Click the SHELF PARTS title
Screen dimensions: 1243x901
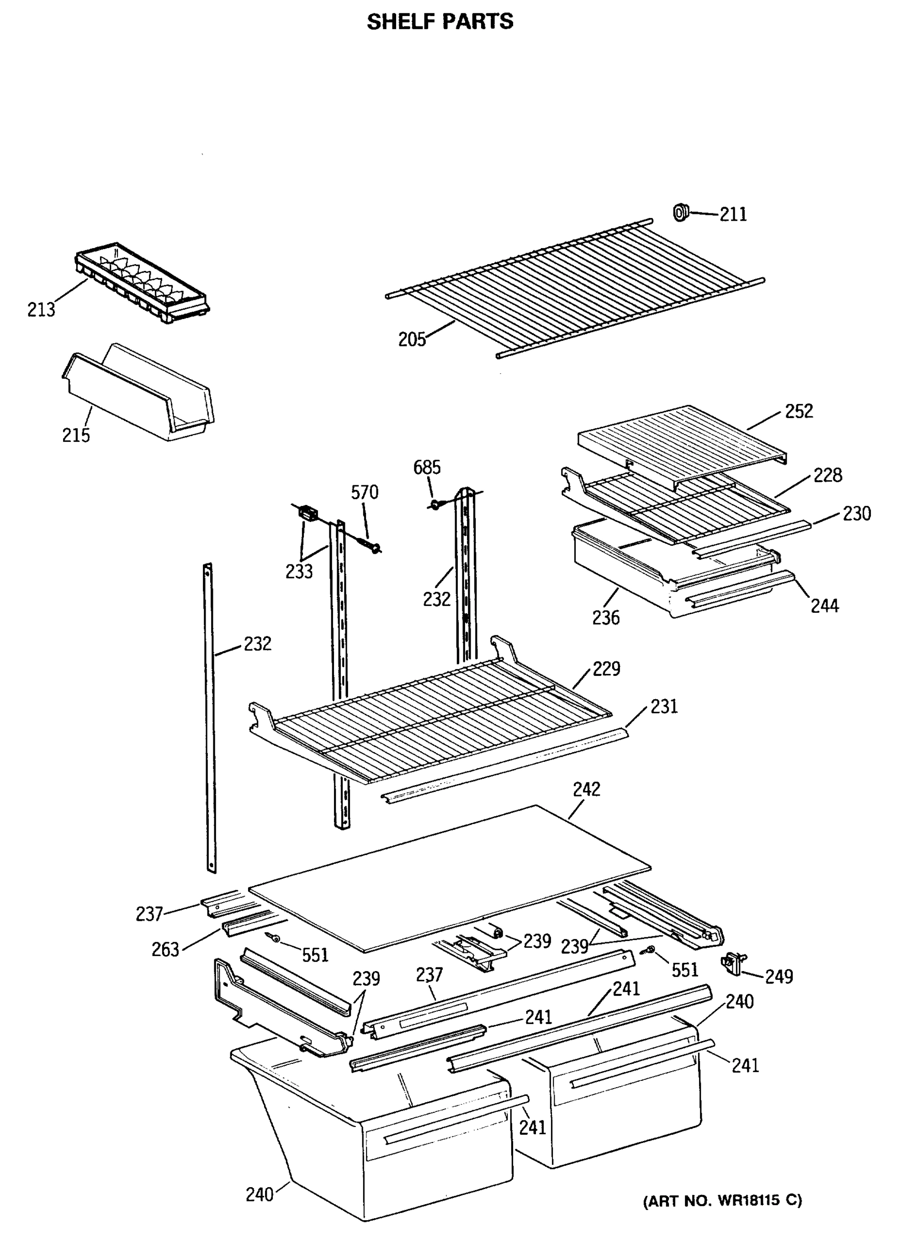(440, 22)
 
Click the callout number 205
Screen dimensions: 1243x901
(412, 340)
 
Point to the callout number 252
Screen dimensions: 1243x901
(798, 411)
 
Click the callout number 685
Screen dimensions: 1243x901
(426, 468)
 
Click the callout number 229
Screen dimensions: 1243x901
(606, 669)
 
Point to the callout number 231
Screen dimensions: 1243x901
(664, 706)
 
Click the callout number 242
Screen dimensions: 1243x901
(586, 789)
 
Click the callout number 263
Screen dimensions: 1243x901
(166, 949)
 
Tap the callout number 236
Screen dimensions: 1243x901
(606, 618)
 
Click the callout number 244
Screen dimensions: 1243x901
(825, 605)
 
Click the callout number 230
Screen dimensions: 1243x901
(856, 514)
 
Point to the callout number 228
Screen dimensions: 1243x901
(827, 475)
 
